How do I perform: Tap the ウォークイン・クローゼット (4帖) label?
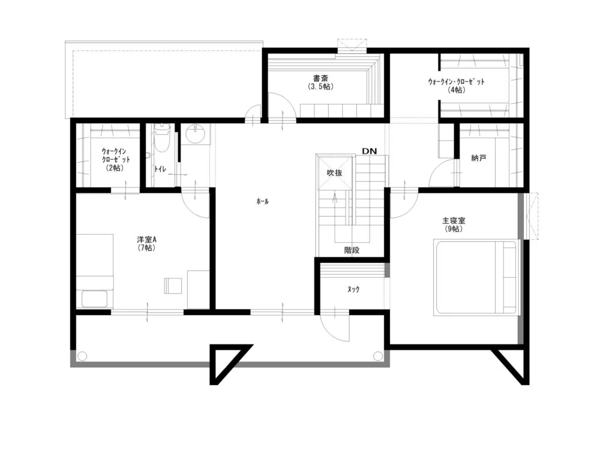[456, 86]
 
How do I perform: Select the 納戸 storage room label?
[478, 158]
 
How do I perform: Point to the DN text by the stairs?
[369, 151]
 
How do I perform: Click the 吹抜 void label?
[334, 173]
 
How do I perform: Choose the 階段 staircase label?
[352, 250]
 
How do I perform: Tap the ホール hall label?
[263, 201]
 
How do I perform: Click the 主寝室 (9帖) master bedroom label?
[454, 225]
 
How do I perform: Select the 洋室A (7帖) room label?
[147, 244]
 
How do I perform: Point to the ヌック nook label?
[353, 289]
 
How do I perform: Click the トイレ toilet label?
[160, 169]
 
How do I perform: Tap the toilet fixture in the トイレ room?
[161, 137]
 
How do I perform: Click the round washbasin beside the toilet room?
[195, 134]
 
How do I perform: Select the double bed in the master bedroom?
[477, 277]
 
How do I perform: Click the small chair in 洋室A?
[173, 286]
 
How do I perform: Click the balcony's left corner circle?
[82, 356]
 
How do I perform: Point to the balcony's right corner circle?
[377, 356]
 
